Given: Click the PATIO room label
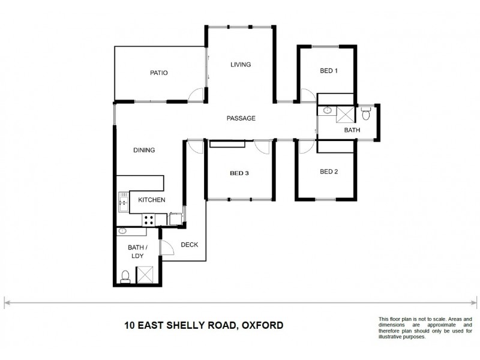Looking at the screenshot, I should (x=158, y=73).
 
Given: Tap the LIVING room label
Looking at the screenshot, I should (x=241, y=65).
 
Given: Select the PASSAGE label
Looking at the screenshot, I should (x=241, y=118).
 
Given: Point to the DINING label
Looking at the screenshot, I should (x=145, y=151).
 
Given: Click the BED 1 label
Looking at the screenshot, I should (x=328, y=71).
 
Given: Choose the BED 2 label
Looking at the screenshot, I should (x=328, y=172).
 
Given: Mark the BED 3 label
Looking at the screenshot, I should (x=239, y=174).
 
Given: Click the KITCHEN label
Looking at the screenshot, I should (x=152, y=200).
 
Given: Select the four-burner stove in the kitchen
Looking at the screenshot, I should (x=149, y=220).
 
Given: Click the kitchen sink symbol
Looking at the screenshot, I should (x=123, y=203).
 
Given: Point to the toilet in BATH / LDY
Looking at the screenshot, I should (x=125, y=277).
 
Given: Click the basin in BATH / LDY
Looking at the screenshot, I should (x=123, y=230).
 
